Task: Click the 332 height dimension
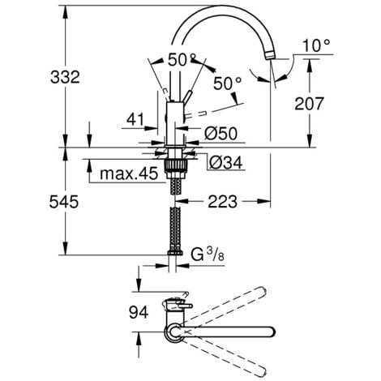click(x=65, y=77)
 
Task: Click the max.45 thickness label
click(x=127, y=174)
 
